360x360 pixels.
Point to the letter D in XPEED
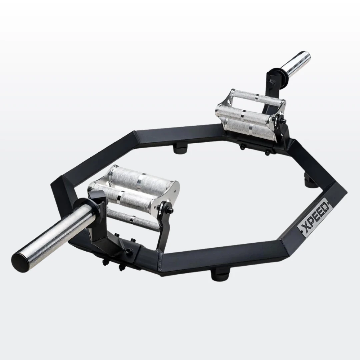[x=326, y=204]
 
